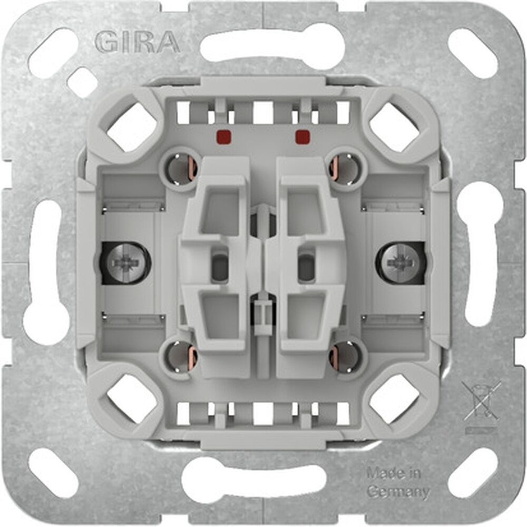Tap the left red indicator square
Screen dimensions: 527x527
click(222, 137)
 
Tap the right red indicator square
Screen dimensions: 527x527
click(302, 137)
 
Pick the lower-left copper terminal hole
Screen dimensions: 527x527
click(181, 356)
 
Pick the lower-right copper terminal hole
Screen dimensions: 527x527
click(345, 356)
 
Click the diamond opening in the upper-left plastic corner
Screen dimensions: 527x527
click(132, 126)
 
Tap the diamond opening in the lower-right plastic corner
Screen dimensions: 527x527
click(394, 398)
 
